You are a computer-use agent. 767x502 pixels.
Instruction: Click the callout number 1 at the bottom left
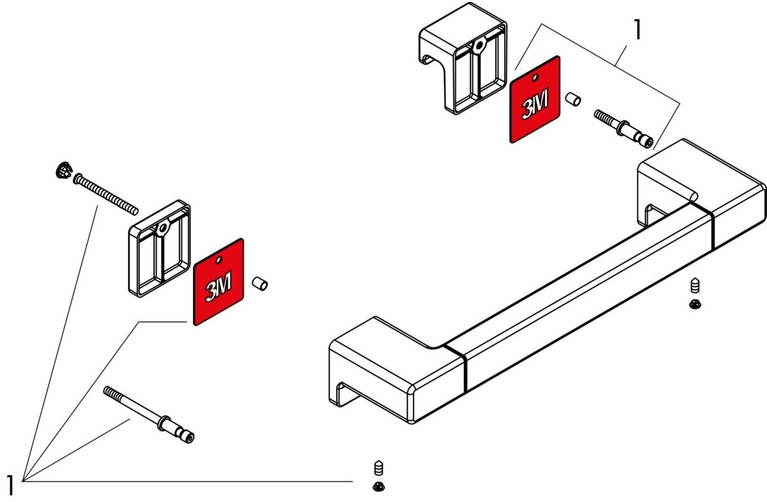9,484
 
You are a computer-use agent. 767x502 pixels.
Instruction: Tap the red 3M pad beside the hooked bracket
534,99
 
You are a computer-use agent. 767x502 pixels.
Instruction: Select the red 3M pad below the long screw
219,282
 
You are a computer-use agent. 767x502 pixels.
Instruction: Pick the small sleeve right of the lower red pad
260,283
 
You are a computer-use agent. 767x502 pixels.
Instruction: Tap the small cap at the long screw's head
62,171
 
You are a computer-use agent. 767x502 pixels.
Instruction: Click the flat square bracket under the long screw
160,249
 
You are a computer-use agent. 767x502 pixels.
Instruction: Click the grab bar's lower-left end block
390,370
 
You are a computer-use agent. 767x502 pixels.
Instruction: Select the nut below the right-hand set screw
695,305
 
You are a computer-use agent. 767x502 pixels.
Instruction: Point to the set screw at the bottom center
378,468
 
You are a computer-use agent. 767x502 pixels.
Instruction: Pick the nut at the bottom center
378,487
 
